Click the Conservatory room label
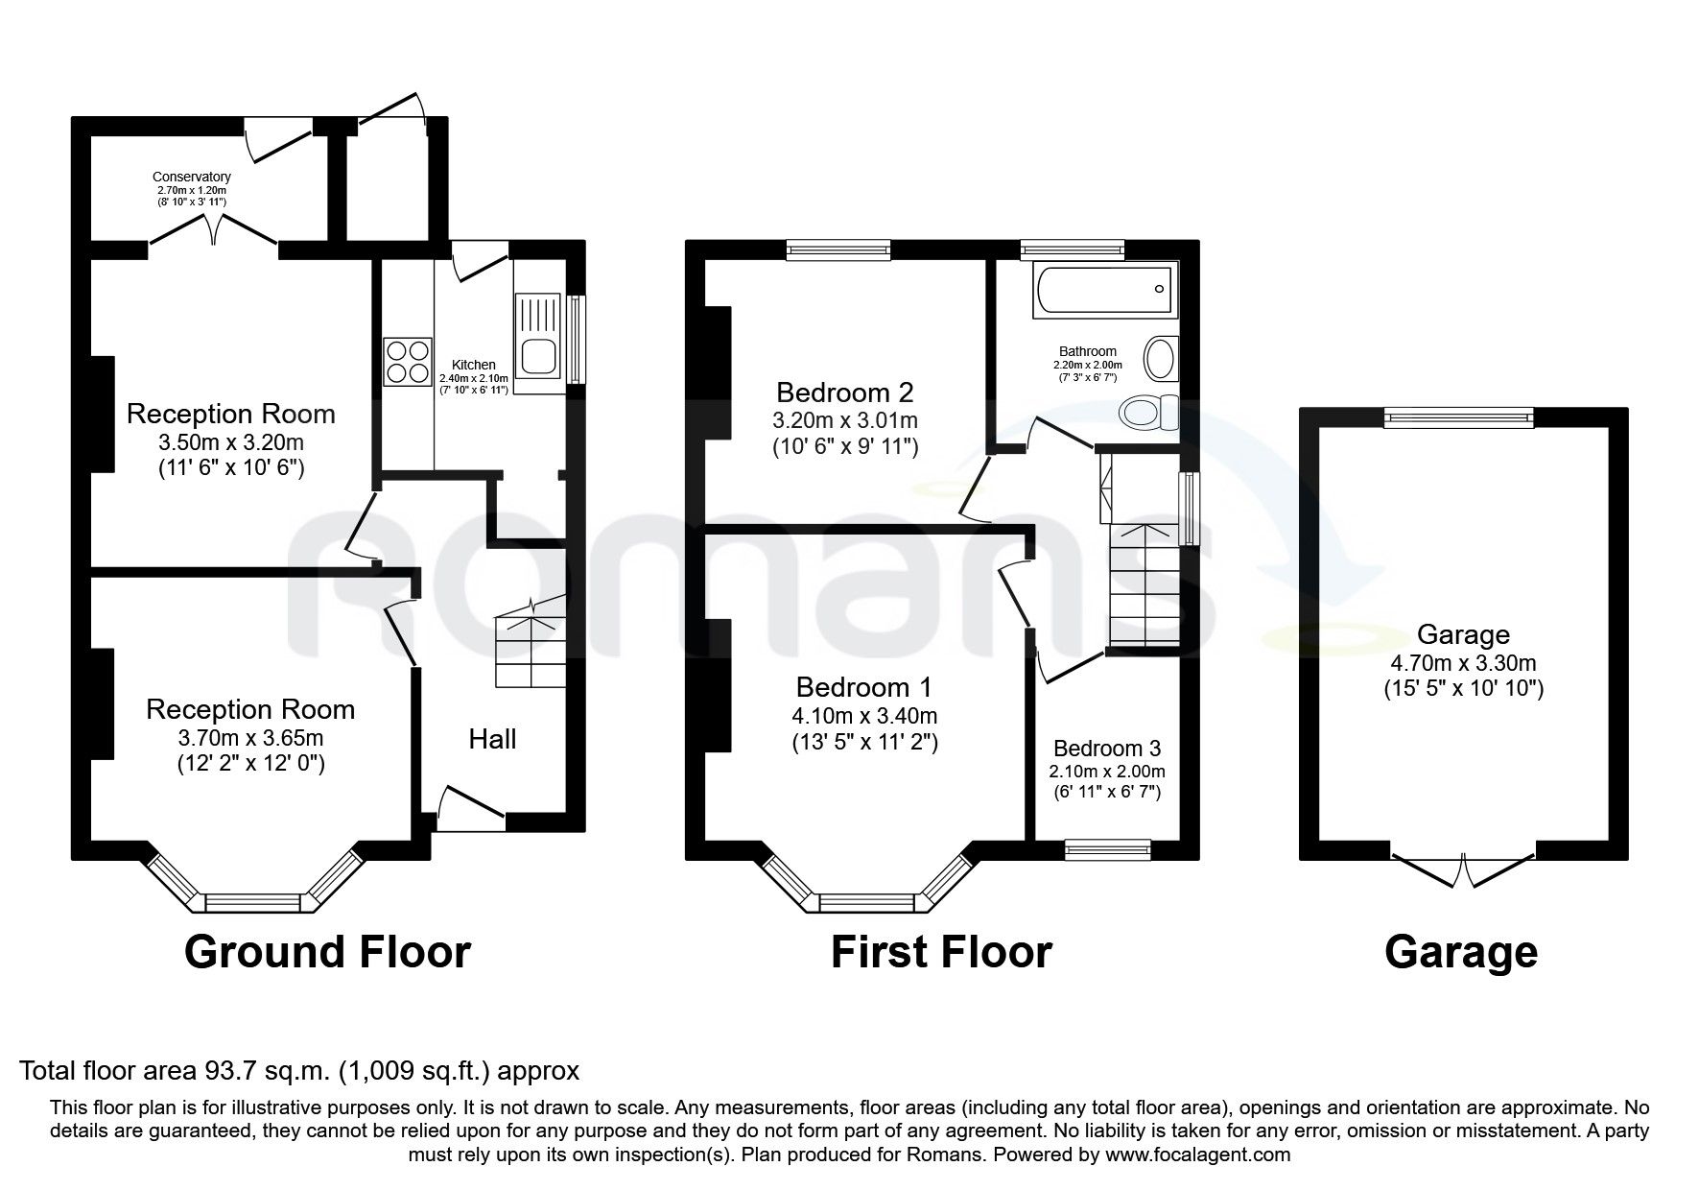(x=192, y=178)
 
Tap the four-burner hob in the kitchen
(x=408, y=362)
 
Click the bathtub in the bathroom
(x=1103, y=292)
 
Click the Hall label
(x=492, y=739)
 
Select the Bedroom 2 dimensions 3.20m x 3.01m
(x=845, y=420)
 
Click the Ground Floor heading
(x=327, y=952)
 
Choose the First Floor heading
(x=941, y=952)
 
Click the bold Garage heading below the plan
(x=1461, y=952)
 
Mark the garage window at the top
(x=1459, y=416)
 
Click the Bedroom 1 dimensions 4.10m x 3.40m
(x=864, y=716)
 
